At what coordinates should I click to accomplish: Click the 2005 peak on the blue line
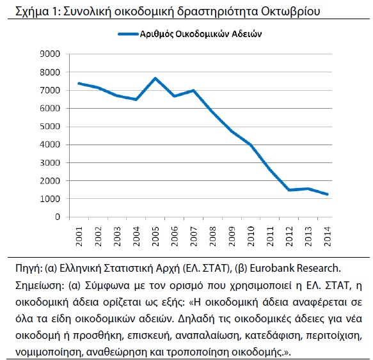pos(155,78)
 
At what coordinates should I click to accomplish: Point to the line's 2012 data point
pos(289,190)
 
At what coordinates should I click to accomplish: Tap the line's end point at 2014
pos(328,194)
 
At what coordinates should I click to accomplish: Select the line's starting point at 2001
pos(79,83)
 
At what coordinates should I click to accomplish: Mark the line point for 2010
pos(251,145)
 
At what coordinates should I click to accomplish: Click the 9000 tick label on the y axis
pos(50,54)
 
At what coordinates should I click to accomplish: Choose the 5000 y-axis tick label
pos(50,126)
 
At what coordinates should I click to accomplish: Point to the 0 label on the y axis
pos(58,217)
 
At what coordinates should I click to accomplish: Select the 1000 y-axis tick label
pos(50,199)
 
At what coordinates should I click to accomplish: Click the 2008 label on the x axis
pos(213,236)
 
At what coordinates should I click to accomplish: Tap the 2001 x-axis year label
pos(79,236)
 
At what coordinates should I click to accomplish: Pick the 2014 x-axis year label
pos(328,236)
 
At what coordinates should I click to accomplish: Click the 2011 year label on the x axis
pos(270,236)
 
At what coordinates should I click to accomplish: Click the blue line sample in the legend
pos(128,34)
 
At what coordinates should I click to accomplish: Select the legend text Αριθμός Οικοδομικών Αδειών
pos(201,34)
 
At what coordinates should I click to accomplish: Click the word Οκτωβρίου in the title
pos(290,11)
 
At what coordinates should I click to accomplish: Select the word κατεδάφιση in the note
pos(273,335)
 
